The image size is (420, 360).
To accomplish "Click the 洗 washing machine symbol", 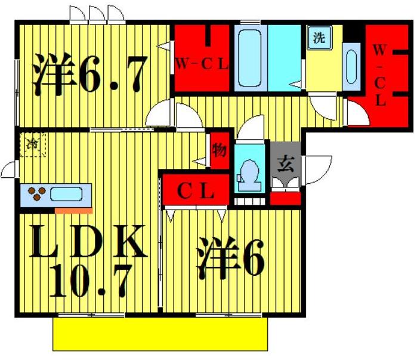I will tap(319, 39).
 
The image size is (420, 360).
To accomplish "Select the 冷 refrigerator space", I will tap(32, 145).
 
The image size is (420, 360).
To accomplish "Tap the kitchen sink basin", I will tap(67, 194).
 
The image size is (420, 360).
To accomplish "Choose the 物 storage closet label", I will tap(220, 150).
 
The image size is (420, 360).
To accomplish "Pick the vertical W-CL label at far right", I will tap(379, 75).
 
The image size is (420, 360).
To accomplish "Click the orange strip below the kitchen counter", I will tap(73, 210).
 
